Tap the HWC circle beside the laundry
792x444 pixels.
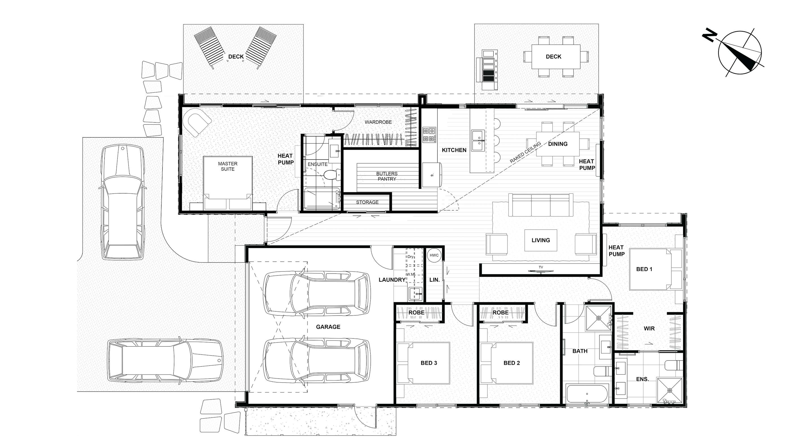coord(434,255)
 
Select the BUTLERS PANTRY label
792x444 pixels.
coord(387,176)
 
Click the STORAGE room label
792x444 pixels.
coord(367,202)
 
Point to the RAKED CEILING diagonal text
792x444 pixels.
coord(525,152)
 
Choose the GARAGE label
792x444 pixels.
coord(328,327)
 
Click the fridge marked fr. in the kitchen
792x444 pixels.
coord(432,175)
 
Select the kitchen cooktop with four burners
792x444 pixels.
coord(429,135)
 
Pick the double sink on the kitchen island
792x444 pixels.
coord(478,140)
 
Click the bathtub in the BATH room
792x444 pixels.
coord(587,393)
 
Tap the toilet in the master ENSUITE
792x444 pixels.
coord(332,175)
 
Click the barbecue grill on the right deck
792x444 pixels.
coord(487,70)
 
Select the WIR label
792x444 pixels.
coord(649,328)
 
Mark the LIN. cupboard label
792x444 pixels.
coord(434,280)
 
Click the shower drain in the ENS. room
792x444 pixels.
coord(670,391)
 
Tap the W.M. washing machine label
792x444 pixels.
coord(410,274)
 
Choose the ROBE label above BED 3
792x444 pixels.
coord(416,313)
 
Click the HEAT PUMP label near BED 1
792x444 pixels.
coord(616,251)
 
